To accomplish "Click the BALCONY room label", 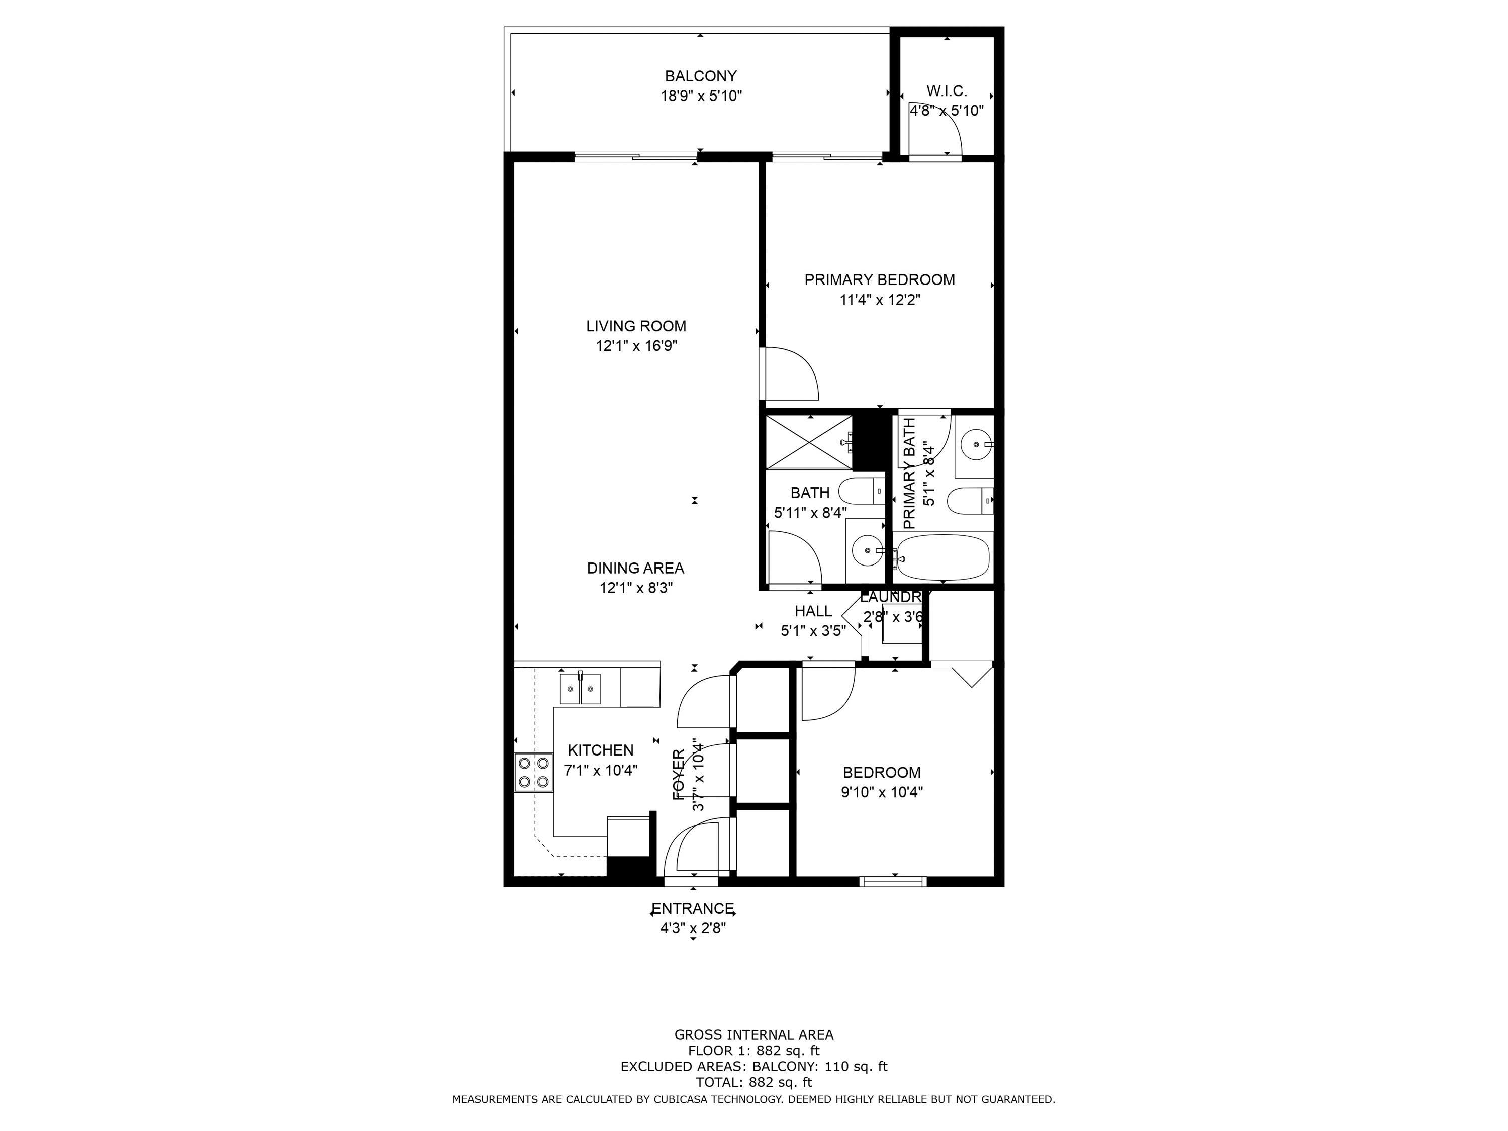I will (x=701, y=76).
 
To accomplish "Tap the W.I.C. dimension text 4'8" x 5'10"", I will (x=946, y=111).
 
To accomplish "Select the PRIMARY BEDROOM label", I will (x=880, y=279).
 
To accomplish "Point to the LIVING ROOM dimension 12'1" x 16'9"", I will (x=636, y=346).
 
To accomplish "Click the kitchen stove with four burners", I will (x=533, y=773).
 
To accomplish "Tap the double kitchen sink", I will (x=580, y=689).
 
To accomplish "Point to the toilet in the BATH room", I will (x=860, y=491).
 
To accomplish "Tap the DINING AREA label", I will (x=635, y=568).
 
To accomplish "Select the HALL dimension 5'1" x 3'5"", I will (x=813, y=631).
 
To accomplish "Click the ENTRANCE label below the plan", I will (x=693, y=909).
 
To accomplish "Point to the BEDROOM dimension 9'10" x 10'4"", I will (x=882, y=792).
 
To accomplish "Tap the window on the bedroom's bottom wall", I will (x=894, y=882).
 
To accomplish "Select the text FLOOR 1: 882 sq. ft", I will (x=753, y=1051).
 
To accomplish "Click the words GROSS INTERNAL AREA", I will (x=753, y=1035).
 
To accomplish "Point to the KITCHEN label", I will (x=601, y=750).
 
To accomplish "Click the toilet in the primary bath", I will (x=969, y=501).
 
